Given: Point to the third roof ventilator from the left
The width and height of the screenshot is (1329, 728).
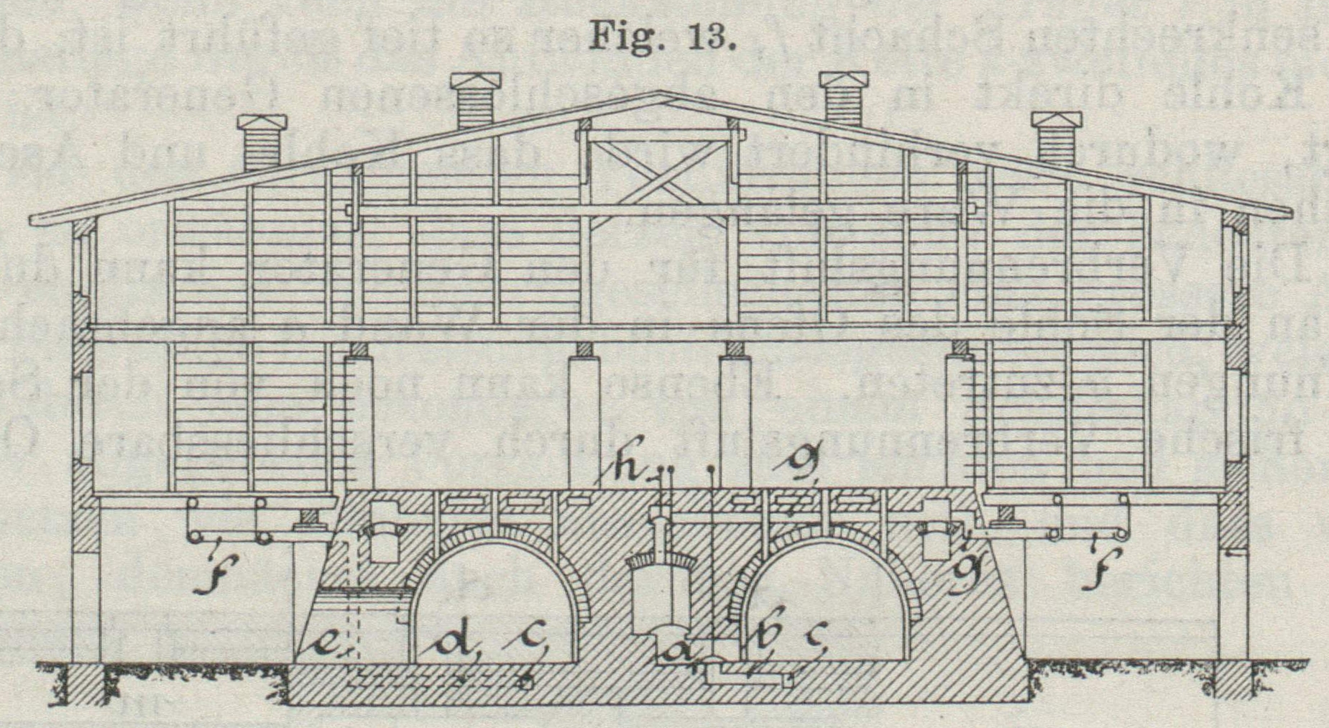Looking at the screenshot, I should [843, 98].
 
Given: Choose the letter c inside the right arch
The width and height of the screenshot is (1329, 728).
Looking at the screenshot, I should [817, 637].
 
